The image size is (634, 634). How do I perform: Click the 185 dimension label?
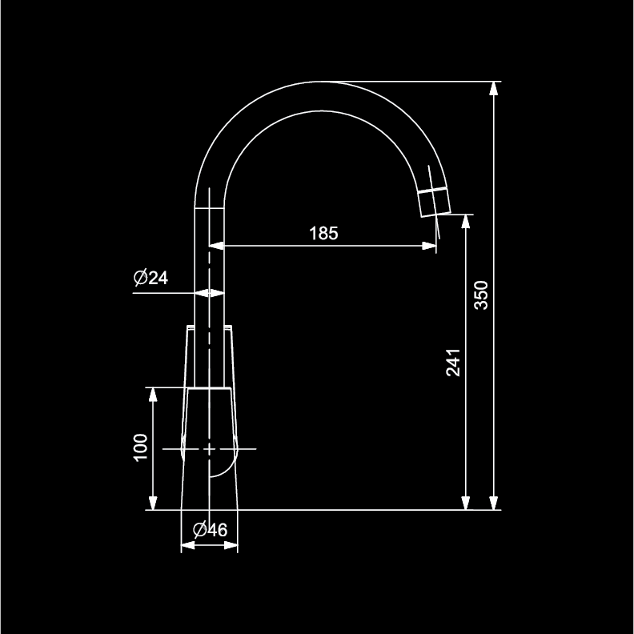pos(323,233)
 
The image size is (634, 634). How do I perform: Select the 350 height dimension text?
pos(481,295)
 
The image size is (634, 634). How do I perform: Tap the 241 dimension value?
pos(453,363)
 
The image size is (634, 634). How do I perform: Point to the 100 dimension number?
pos(140,447)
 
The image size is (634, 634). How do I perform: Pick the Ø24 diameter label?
pos(150,278)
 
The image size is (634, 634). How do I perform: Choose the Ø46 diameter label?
pos(210,530)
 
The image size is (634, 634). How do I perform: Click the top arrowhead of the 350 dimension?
pos(493,88)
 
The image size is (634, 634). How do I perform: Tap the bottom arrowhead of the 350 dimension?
pos(493,503)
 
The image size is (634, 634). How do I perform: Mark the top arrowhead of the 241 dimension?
pos(466,221)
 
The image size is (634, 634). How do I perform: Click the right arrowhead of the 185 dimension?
pos(429,246)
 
